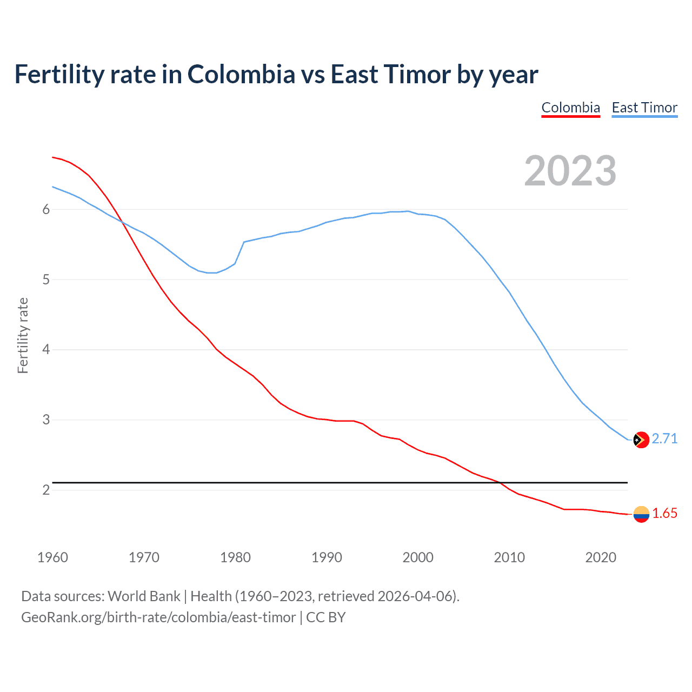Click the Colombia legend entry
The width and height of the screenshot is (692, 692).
coord(570,108)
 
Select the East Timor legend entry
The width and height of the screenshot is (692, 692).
coord(644,108)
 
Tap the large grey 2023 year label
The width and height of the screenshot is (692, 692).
coord(570,171)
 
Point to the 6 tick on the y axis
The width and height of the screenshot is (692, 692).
coord(46,210)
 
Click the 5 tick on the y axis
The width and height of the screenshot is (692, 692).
coord(46,280)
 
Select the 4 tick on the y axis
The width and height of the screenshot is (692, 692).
coord(46,350)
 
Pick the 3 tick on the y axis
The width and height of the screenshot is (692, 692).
coord(46,420)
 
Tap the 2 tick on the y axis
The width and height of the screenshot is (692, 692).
coord(46,490)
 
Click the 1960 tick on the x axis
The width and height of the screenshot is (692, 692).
coord(52,557)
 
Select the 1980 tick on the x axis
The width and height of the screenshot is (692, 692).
coord(235,557)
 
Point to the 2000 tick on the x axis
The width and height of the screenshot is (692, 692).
coord(418,557)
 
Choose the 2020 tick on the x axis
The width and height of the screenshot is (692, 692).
coord(601,557)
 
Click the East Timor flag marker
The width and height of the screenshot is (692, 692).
coord(641,440)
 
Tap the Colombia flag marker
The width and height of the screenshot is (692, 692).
coord(641,514)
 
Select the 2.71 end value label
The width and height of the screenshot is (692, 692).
coord(664,438)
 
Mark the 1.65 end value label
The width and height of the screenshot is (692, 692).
coord(664,513)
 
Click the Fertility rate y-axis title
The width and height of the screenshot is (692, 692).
coord(23,335)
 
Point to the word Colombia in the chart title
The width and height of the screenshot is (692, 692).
coord(241,75)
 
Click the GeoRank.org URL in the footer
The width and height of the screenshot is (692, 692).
coord(158,617)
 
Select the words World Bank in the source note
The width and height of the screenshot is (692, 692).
coord(144,596)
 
